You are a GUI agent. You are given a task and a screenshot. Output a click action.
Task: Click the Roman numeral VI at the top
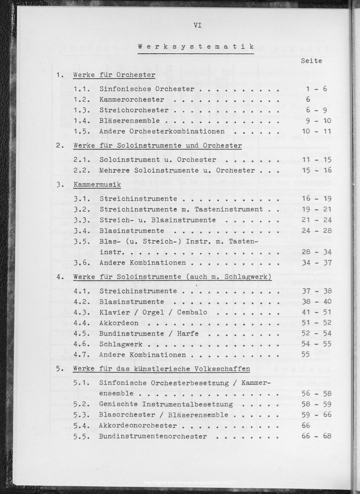pos(197,25)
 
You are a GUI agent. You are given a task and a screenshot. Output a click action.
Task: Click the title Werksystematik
pos(196,46)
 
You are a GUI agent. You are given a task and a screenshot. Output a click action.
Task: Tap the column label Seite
pos(311,61)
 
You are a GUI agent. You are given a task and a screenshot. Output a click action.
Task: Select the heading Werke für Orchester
pos(114,75)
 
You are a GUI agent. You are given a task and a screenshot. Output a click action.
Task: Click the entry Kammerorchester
pos(132,99)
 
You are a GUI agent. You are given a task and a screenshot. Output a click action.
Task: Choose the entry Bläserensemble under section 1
pos(130,121)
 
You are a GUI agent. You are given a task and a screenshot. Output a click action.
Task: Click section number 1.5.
pos(81,131)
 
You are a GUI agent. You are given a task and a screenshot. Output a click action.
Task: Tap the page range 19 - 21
pos(316,209)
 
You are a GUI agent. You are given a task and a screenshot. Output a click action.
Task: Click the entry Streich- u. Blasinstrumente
pos(158,220)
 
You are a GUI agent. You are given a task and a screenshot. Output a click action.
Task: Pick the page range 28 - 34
pos(316,252)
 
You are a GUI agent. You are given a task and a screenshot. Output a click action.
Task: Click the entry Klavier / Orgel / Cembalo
pos(153,312)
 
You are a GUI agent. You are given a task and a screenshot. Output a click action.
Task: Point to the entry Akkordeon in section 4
pos(119,323)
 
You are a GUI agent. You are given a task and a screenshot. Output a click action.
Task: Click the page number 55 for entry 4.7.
pos(306,355)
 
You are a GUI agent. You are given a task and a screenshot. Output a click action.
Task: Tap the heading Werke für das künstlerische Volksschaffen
pos(161,369)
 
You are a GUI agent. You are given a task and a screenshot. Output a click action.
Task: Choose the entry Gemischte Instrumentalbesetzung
pos(166,404)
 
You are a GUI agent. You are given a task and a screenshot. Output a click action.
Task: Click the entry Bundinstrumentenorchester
pos(153,436)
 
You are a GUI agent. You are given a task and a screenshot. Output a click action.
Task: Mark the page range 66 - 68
pos(316,436)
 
